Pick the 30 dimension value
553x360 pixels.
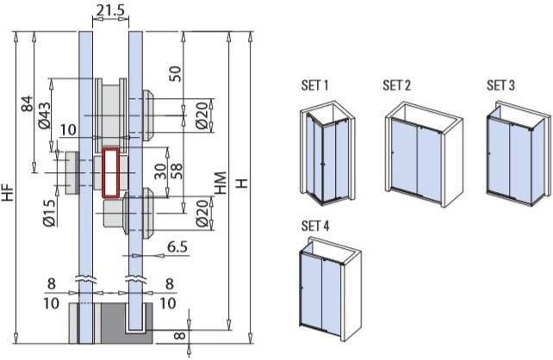click(160, 171)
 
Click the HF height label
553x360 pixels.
click(8, 193)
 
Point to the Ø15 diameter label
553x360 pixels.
click(49, 212)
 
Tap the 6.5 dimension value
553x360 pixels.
click(178, 246)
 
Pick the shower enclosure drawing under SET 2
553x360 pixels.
click(423, 150)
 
